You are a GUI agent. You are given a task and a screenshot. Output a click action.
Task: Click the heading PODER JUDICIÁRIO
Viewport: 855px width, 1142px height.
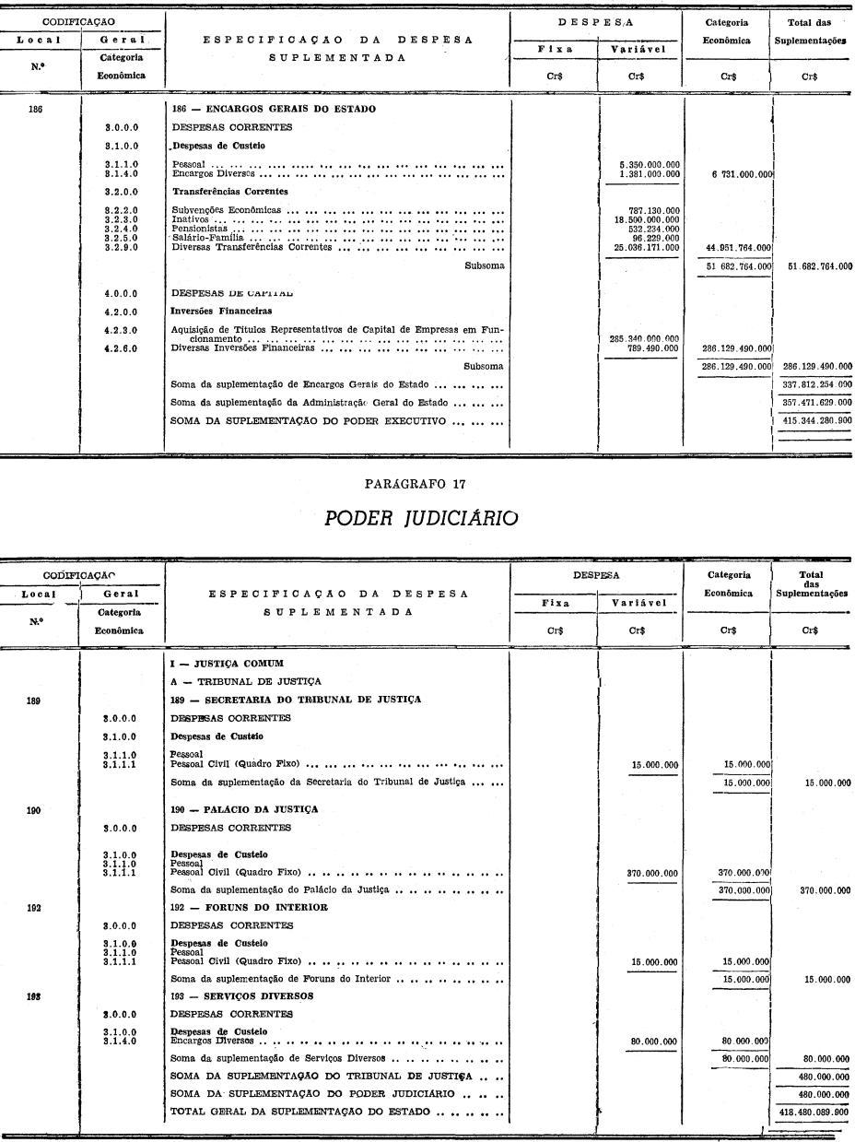[x=421, y=518]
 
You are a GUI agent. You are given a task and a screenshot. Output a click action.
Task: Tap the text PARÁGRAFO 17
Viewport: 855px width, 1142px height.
[x=421, y=484]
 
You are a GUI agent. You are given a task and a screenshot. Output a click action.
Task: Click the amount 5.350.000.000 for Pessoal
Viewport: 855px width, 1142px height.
[x=650, y=164]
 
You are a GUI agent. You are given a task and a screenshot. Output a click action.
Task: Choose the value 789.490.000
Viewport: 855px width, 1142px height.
[x=654, y=348]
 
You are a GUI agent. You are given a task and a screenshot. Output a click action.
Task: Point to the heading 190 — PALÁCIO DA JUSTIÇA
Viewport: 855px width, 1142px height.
[x=244, y=809]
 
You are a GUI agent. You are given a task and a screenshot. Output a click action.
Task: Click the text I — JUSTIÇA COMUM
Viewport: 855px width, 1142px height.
[x=227, y=663]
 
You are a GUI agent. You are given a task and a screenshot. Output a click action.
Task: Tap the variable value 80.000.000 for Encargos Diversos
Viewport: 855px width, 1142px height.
[x=654, y=1042]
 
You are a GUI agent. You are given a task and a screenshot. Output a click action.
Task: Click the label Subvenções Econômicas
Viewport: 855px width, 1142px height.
[x=227, y=210]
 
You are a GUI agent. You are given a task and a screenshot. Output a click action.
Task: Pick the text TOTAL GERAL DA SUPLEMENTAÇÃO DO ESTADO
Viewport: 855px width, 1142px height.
[x=300, y=1112]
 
